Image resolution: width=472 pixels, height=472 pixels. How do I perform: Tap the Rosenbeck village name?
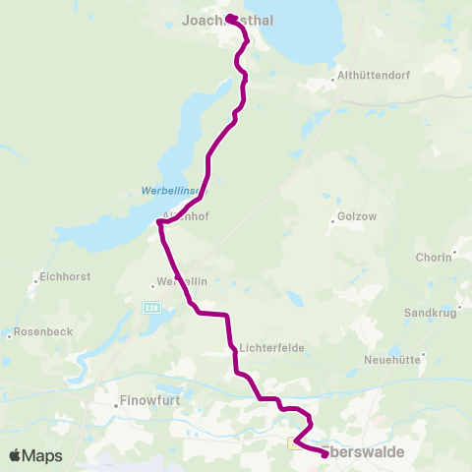tap(43, 332)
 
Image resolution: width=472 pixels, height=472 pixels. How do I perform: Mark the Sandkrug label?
tap(430, 313)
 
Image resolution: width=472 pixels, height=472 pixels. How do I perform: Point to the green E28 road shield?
tap(150, 308)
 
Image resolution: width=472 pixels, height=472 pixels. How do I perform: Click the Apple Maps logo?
tap(35, 455)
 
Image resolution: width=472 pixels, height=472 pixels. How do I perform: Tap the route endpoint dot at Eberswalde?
tap(324, 454)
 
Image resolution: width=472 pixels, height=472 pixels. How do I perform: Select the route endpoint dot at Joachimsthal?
tap(228, 18)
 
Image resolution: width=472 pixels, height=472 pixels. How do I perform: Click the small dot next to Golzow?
tap(333, 221)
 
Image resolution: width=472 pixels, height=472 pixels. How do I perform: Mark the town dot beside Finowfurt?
tap(112, 402)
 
